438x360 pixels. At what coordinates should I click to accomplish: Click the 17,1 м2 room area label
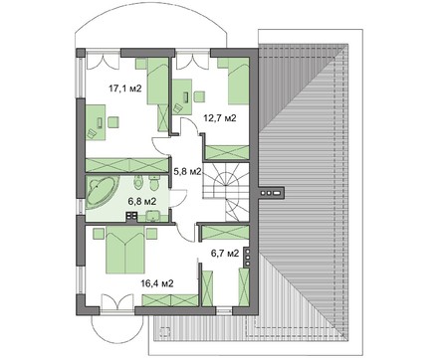[125, 89]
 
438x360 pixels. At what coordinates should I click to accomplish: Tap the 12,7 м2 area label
[220, 118]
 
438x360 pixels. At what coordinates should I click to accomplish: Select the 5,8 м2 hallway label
[188, 171]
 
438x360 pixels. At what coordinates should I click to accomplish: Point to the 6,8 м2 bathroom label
[142, 201]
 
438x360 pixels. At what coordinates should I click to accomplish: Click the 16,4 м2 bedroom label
[157, 283]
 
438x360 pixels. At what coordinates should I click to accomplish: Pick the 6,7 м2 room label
[225, 254]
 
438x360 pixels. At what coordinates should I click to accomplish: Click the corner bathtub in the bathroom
[102, 193]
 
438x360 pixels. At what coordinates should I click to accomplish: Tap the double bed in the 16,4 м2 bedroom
[125, 250]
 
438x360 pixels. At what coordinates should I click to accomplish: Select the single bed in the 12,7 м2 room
[238, 82]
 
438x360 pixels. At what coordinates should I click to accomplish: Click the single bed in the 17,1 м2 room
[158, 82]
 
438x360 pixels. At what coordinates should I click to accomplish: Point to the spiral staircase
[226, 192]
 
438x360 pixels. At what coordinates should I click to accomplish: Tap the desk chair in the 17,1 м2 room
[112, 122]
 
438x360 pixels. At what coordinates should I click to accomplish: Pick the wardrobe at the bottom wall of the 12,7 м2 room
[227, 152]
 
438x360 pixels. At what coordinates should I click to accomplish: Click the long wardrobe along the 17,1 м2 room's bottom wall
[126, 165]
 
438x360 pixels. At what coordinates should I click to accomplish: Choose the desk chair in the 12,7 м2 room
[199, 96]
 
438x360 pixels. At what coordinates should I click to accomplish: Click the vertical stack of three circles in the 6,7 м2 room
[247, 257]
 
